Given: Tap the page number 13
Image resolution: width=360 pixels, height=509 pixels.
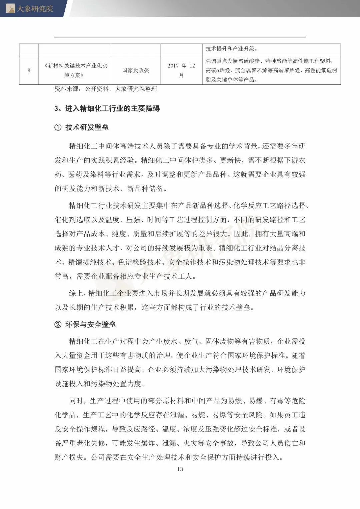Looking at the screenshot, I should pos(180,469).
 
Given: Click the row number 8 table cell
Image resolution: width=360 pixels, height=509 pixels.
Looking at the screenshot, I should pos(29,70).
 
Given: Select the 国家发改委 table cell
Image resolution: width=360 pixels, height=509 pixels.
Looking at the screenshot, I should pos(136,70).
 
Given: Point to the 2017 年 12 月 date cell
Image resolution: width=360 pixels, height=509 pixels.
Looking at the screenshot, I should pos(181,70).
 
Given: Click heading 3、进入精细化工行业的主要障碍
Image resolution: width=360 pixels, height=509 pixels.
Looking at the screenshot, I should pos(107,108).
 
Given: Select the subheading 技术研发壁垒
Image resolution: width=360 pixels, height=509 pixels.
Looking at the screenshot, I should pos(87,127).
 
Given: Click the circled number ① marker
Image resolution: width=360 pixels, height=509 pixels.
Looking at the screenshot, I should pos(58,127).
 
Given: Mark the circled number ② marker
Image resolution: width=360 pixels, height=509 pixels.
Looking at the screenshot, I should pos(58,324).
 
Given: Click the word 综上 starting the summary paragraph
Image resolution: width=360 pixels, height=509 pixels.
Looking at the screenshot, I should pos(76,293).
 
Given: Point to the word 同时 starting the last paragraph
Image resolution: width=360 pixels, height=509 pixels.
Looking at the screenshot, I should pos(76,401).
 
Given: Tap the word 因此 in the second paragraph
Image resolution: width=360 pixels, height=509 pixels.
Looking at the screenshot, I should pos(241,234).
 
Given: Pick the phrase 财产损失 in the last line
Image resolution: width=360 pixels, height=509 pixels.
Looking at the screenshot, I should pos(69,457).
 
